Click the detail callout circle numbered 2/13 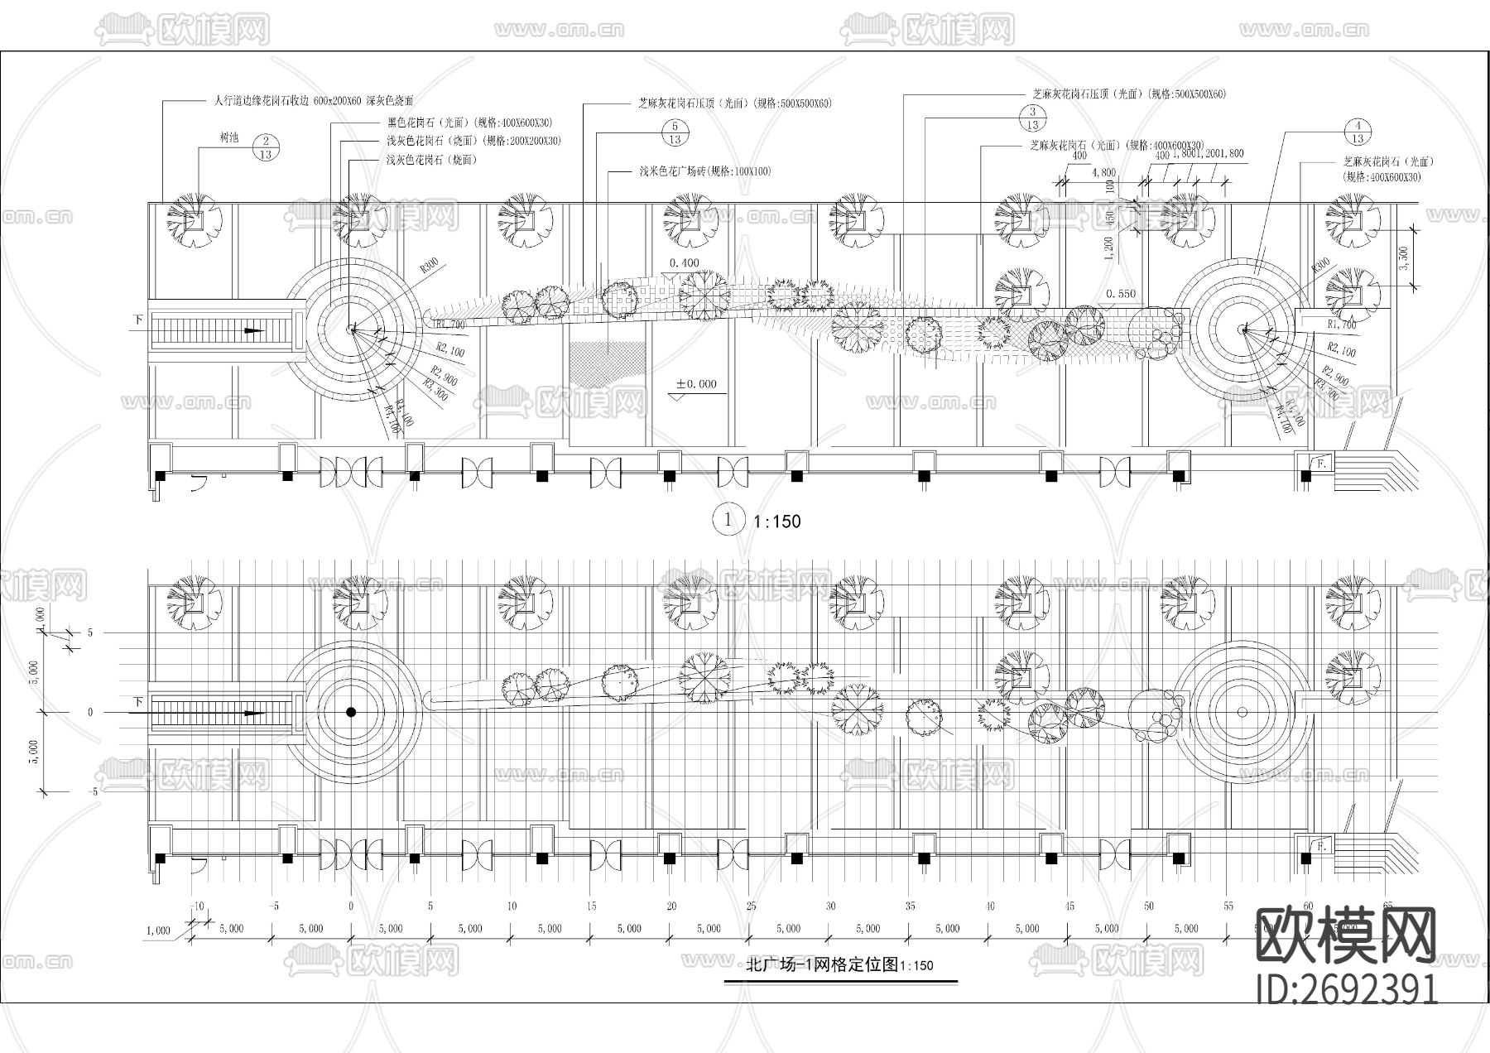click(x=266, y=147)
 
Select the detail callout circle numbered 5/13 click(x=675, y=132)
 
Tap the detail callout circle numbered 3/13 click(x=1032, y=118)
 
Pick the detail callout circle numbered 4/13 click(x=1358, y=132)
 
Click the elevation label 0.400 click(x=684, y=262)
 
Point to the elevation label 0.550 click(x=1121, y=293)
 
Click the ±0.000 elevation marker click(x=696, y=384)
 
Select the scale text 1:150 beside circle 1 click(x=776, y=522)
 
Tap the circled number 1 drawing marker click(x=728, y=520)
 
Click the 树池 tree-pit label click(x=228, y=138)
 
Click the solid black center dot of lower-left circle click(x=351, y=712)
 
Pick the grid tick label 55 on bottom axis click(x=1228, y=906)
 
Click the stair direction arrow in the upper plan click(x=253, y=330)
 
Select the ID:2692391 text click(x=1346, y=988)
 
